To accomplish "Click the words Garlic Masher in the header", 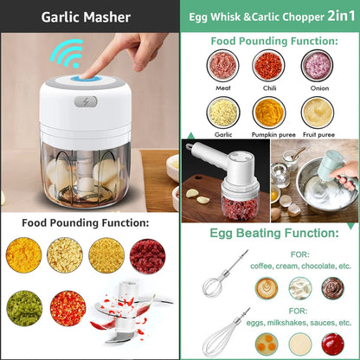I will (x=86, y=16).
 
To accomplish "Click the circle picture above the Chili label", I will (x=267, y=65).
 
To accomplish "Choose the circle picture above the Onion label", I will (x=316, y=65).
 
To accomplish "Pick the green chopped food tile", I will (x=23, y=307).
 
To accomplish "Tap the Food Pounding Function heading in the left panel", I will (x=86, y=223).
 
